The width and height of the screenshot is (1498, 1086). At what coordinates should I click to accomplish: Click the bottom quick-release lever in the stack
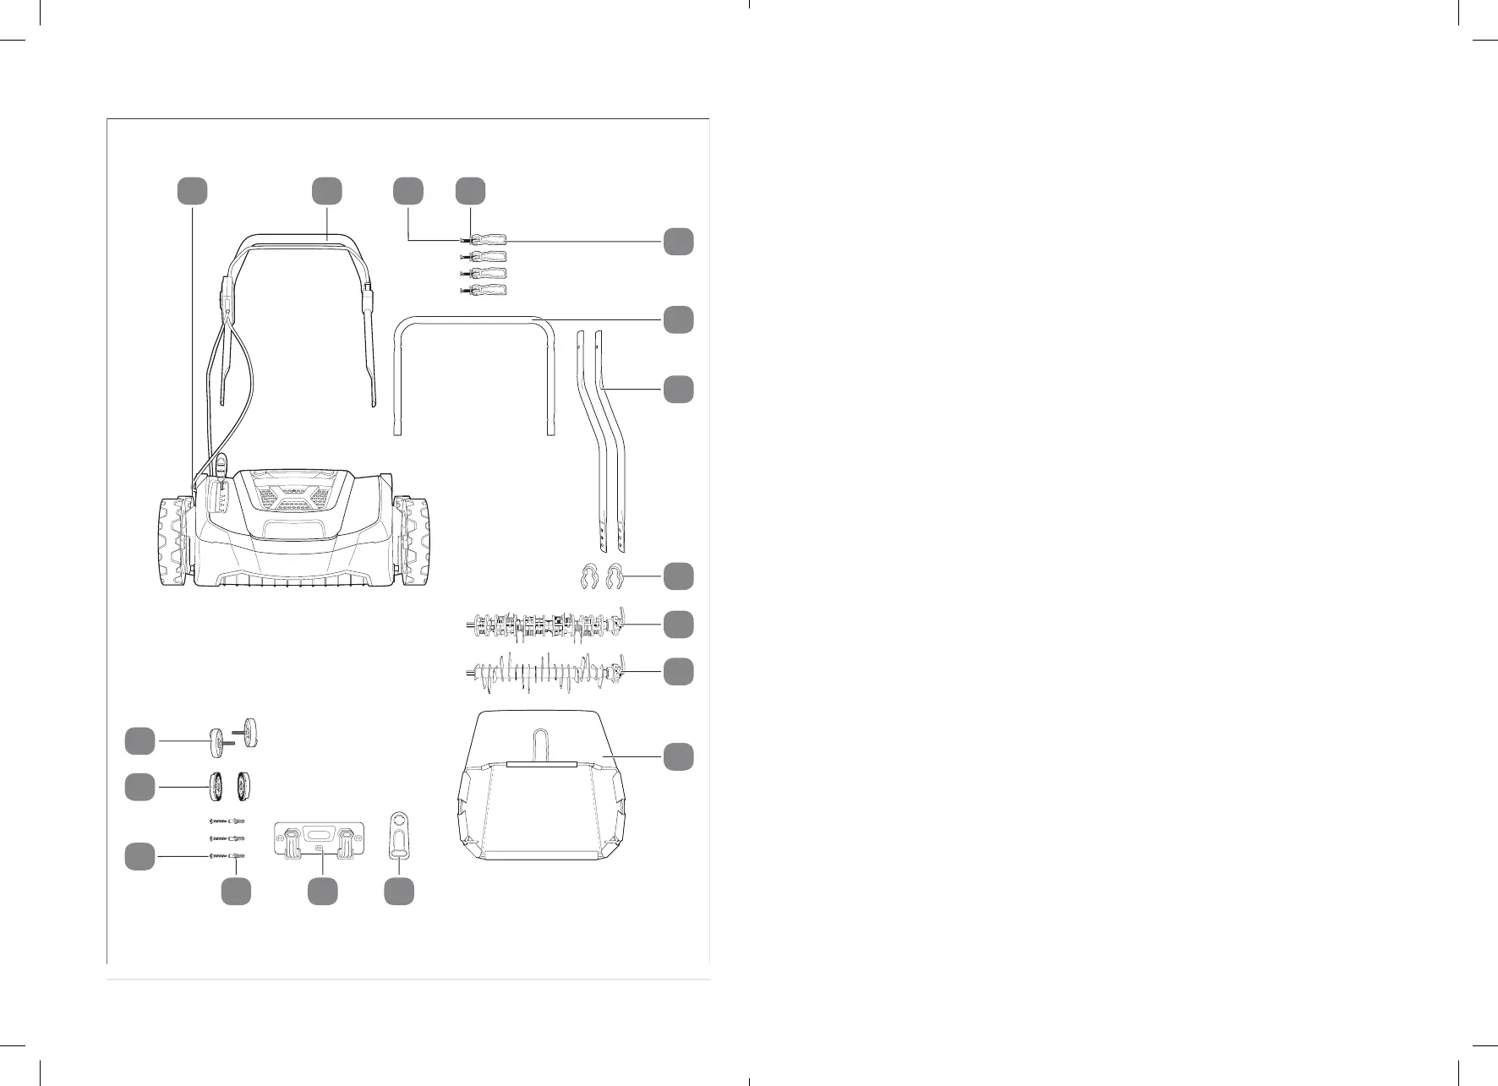[485, 292]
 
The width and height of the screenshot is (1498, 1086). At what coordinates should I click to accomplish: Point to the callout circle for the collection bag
[678, 756]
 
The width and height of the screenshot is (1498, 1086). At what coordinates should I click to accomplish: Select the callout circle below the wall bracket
[322, 892]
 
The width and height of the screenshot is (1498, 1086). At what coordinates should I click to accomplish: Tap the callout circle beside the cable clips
[678, 576]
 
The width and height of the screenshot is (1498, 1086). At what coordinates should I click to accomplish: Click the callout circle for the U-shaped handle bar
[678, 319]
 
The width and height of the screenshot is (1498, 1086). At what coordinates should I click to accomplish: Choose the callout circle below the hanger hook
[399, 892]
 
